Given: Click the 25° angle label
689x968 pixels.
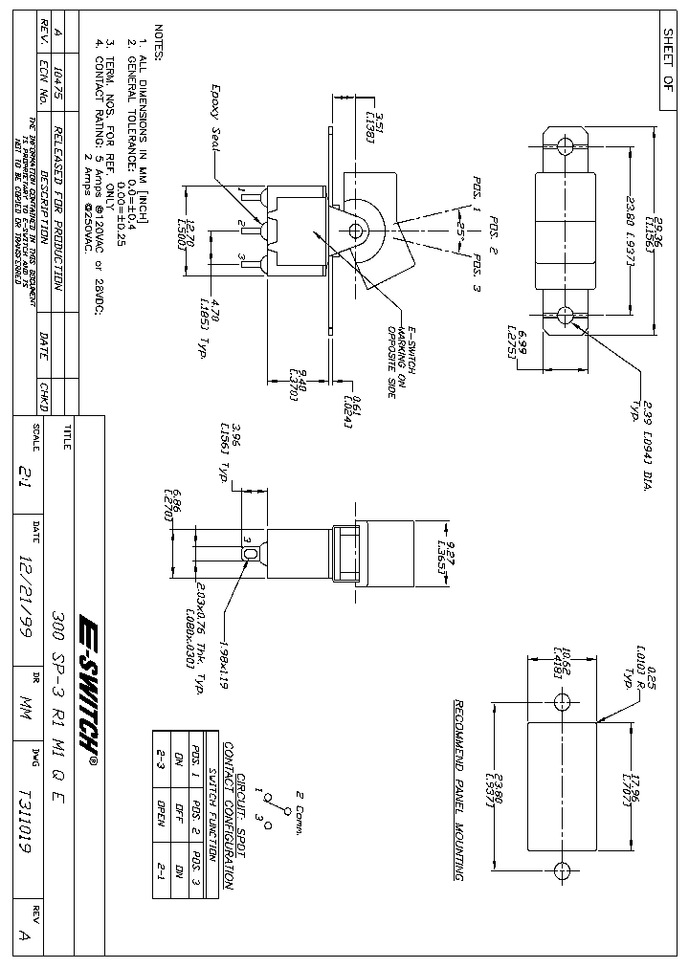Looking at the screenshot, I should pos(461,231).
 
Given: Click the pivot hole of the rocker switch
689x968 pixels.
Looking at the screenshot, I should pos(360,230).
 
